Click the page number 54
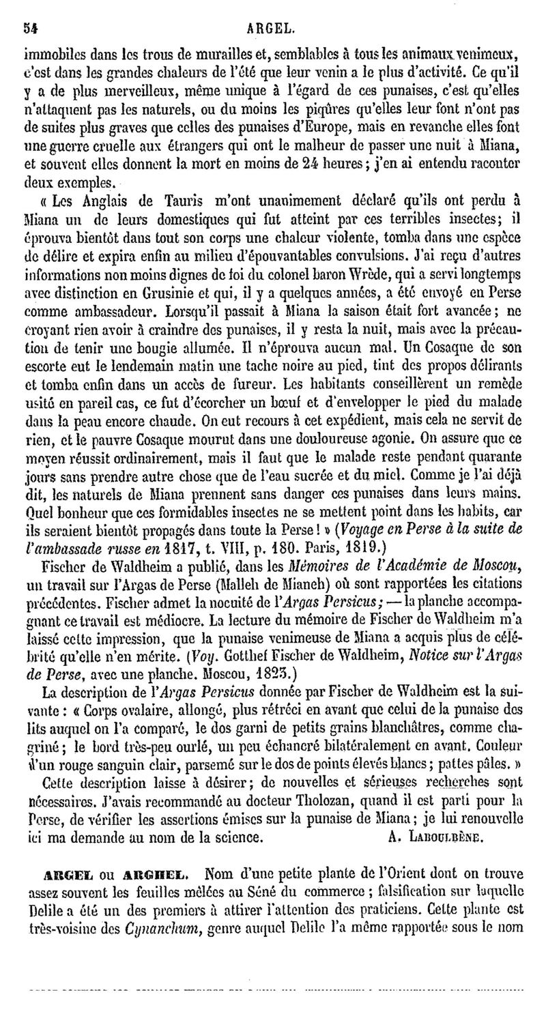[29, 29]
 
